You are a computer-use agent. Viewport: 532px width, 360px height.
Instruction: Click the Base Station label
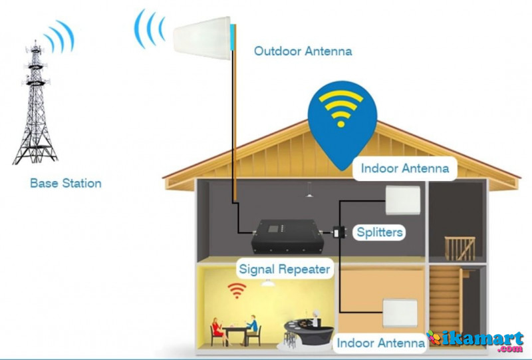(x=66, y=184)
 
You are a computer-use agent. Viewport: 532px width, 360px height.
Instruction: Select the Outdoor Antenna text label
(x=303, y=51)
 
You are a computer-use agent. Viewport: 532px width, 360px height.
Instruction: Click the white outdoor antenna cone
(x=202, y=38)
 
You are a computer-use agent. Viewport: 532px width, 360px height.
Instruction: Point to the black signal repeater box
(x=287, y=236)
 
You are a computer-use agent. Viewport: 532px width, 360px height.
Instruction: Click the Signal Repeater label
(x=285, y=270)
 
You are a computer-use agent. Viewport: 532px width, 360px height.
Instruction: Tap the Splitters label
(x=380, y=232)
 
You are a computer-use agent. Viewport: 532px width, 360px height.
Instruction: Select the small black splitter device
(x=339, y=232)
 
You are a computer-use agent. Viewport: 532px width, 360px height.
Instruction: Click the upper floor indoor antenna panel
(x=403, y=200)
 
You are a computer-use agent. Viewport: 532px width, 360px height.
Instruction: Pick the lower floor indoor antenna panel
(x=400, y=313)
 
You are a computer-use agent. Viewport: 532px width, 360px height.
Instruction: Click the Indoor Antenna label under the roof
(x=405, y=168)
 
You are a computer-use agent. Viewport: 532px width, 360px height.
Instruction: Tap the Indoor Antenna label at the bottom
(x=380, y=343)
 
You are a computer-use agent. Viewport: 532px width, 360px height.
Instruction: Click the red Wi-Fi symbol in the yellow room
(x=237, y=290)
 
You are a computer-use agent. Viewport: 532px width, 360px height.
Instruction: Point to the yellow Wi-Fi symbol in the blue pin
(x=341, y=108)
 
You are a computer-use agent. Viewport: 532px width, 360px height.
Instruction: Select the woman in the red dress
(x=217, y=331)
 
